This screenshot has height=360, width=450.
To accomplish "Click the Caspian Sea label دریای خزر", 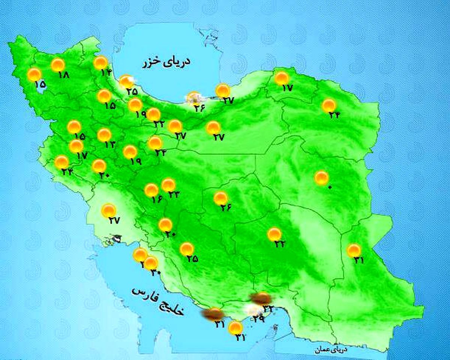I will tap(166, 62).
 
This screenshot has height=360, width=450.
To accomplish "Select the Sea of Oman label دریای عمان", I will tap(332, 349).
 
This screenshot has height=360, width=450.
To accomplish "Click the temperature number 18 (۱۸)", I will tap(64, 75).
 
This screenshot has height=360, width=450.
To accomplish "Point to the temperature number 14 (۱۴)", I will tap(106, 72).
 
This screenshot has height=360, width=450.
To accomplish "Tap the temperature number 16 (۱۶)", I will tap(157, 199).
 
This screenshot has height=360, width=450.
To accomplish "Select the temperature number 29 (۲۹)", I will tap(259, 319).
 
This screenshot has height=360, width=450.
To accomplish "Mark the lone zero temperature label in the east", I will tap(330, 187).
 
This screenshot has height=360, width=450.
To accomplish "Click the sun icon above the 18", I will tap(58, 65).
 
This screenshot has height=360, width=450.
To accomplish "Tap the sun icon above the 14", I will tap(100, 63).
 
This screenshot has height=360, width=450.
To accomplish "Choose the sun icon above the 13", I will tap(104, 135).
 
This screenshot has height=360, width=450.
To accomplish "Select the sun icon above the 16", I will tap(151, 190).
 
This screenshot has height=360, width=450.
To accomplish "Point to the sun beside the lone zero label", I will tap(321, 178).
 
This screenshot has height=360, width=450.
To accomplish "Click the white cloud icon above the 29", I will tap(254, 310).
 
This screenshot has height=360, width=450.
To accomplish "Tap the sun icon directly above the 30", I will tap(151, 263).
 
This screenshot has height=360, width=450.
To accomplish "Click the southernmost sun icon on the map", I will tap(235, 328).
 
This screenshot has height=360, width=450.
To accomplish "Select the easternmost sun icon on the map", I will tap(354, 250).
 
